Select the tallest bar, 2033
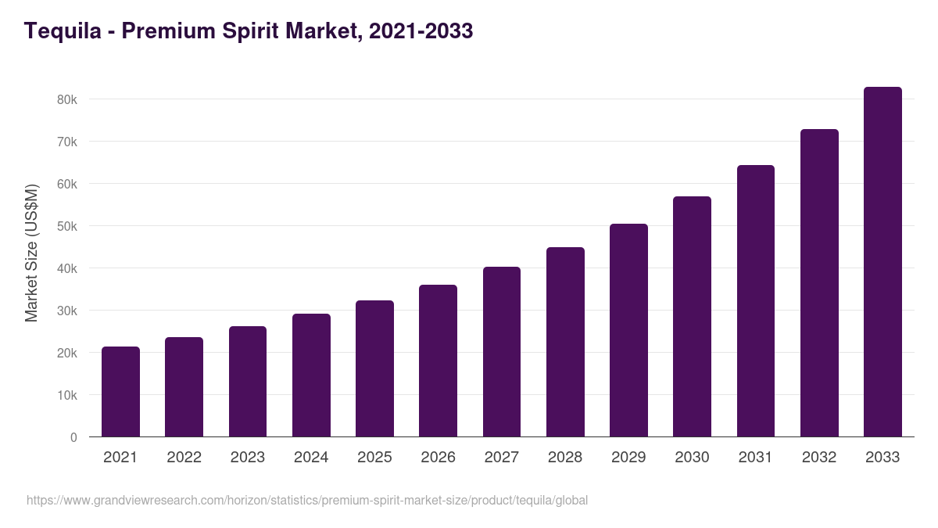pyautogui.click(x=883, y=262)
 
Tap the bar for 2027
pyautogui.click(x=501, y=352)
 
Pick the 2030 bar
pyautogui.click(x=692, y=317)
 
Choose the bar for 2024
pyautogui.click(x=311, y=375)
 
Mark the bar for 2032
pyautogui.click(x=819, y=283)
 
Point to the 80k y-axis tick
pyautogui.click(x=67, y=100)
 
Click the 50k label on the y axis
pyautogui.click(x=67, y=227)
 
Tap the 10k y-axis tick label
pyautogui.click(x=67, y=396)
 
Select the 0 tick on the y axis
pyautogui.click(x=73, y=438)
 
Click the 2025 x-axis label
pyautogui.click(x=374, y=458)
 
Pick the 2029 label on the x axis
pyautogui.click(x=628, y=458)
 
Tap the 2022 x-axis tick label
pyautogui.click(x=184, y=458)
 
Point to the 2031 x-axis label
pyautogui.click(x=756, y=458)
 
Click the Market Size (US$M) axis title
pyautogui.click(x=31, y=253)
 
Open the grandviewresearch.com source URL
pyautogui.click(x=306, y=500)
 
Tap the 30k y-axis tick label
pyautogui.click(x=67, y=311)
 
